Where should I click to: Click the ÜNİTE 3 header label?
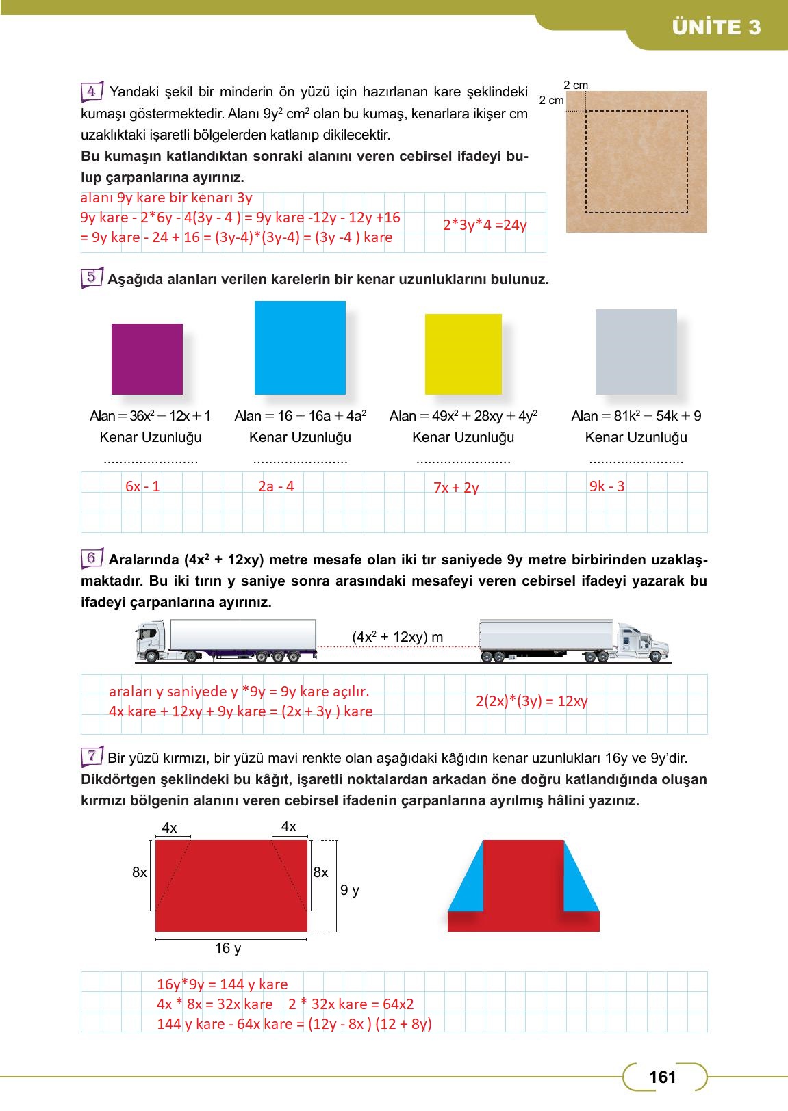[716, 27]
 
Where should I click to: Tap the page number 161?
[663, 1077]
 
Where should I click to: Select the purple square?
[147, 359]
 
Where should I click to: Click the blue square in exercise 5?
[300, 348]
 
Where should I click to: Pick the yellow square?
[463, 354]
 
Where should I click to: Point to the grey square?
[636, 352]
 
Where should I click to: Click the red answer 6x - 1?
[142, 486]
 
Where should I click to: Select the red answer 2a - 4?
[276, 486]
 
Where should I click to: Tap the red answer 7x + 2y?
[456, 488]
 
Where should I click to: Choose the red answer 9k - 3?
[607, 486]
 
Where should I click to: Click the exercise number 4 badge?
[92, 91]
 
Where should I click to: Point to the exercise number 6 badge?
[92, 559]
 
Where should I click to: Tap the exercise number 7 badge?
[92, 757]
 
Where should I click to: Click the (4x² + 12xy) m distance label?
[398, 638]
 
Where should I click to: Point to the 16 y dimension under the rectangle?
[228, 948]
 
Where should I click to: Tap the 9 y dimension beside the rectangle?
[350, 890]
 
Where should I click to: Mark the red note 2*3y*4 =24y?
[485, 224]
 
